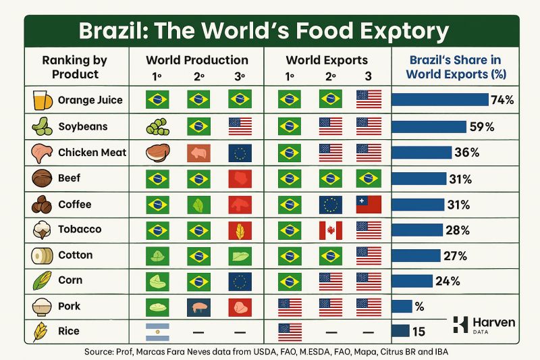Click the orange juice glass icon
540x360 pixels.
pyautogui.click(x=41, y=100)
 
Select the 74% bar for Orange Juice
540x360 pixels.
pyautogui.click(x=439, y=100)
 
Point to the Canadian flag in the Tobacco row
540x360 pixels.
pyautogui.click(x=331, y=230)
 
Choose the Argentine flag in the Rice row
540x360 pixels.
pyautogui.click(x=157, y=332)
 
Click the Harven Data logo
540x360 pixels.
pyautogui.click(x=482, y=326)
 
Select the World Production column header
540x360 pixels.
pyautogui.click(x=197, y=60)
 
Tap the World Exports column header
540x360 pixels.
pyautogui.click(x=327, y=60)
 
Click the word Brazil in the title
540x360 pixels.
pyautogui.click(x=115, y=31)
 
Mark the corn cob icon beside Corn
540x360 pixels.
pyautogui.click(x=41, y=280)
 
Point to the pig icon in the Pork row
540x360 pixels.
pyautogui.click(x=198, y=307)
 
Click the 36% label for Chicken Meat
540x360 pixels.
pyautogui.click(x=467, y=153)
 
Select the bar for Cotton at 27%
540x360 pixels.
pyautogui.click(x=415, y=255)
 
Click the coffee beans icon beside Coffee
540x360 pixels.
pyautogui.click(x=41, y=204)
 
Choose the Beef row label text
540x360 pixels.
pyautogui.click(x=69, y=178)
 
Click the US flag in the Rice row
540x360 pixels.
pyautogui.click(x=290, y=332)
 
